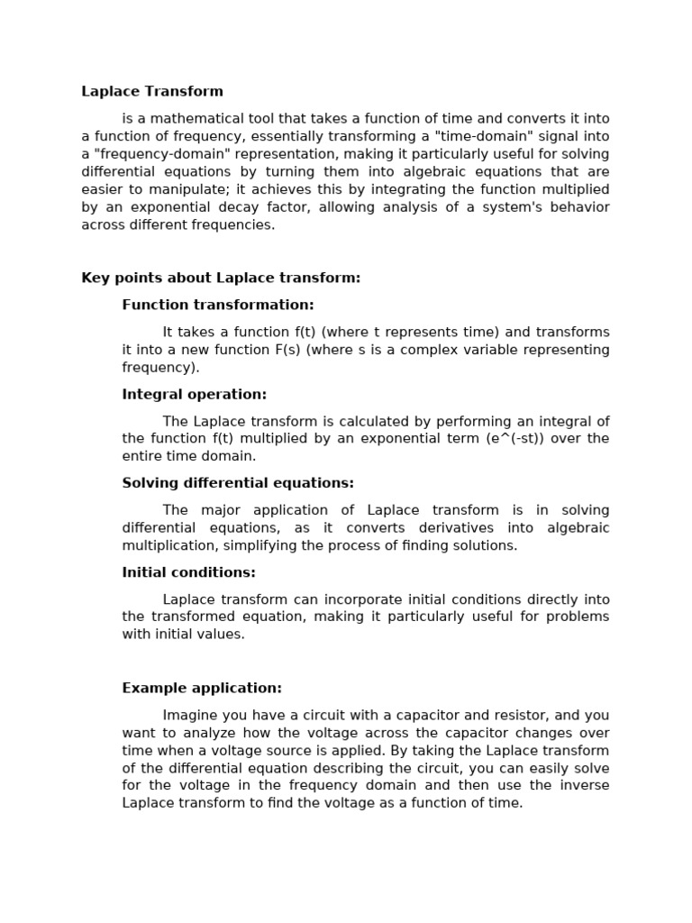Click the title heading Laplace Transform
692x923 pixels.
pos(152,91)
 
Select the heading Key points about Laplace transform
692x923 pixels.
pos(221,278)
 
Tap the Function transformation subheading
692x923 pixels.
pos(218,305)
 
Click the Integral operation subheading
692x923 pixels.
pos(195,394)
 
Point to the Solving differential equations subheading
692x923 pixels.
pos(238,483)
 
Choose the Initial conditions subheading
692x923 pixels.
pos(189,572)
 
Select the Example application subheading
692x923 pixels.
pos(202,688)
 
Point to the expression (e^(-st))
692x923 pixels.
pos(498,438)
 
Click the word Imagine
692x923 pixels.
pos(191,715)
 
